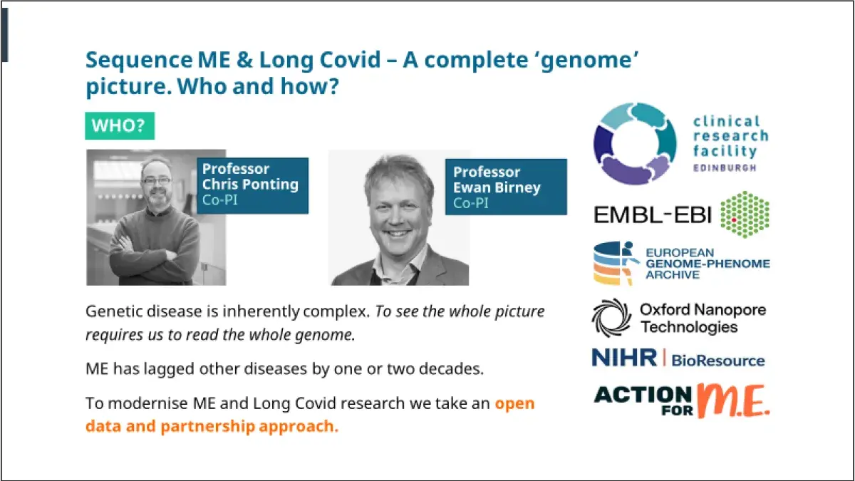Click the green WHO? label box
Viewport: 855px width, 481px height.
click(x=120, y=125)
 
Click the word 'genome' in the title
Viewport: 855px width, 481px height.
click(x=588, y=61)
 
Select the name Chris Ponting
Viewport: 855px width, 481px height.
click(x=250, y=185)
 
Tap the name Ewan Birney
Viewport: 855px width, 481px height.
click(x=497, y=188)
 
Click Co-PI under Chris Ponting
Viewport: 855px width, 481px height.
click(x=220, y=200)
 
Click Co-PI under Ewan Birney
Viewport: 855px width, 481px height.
click(x=471, y=203)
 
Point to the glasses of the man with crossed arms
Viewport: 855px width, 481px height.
click(x=157, y=180)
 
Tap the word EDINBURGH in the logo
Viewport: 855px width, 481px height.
click(x=725, y=168)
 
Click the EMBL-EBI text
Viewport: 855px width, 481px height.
click(x=653, y=215)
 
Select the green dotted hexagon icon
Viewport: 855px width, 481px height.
click(x=745, y=214)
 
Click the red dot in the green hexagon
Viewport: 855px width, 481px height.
click(x=734, y=220)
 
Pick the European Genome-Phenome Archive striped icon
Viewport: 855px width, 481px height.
click(x=616, y=263)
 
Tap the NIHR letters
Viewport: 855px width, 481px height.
click(x=624, y=358)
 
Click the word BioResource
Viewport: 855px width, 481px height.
click(x=718, y=361)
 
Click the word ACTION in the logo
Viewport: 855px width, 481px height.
click(x=643, y=395)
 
